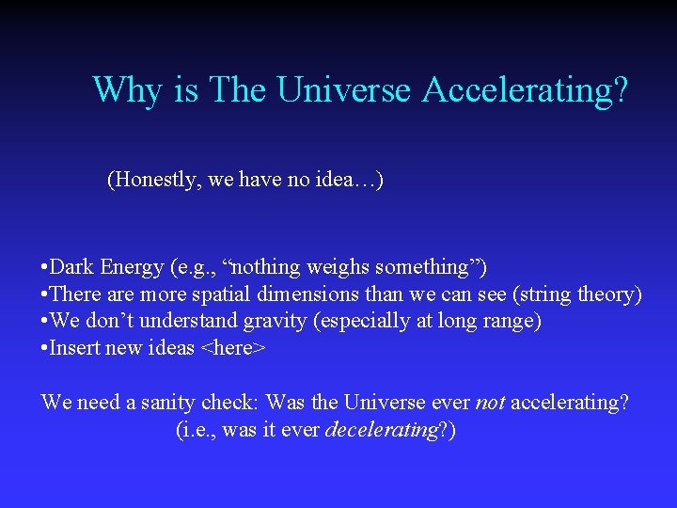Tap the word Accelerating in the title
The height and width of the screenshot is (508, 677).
coord(525,90)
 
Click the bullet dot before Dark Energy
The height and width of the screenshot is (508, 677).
coord(45,268)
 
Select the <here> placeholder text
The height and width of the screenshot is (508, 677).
coord(233,349)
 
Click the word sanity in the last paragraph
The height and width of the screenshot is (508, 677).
coord(169,403)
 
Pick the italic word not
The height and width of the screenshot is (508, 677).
coord(490,403)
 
